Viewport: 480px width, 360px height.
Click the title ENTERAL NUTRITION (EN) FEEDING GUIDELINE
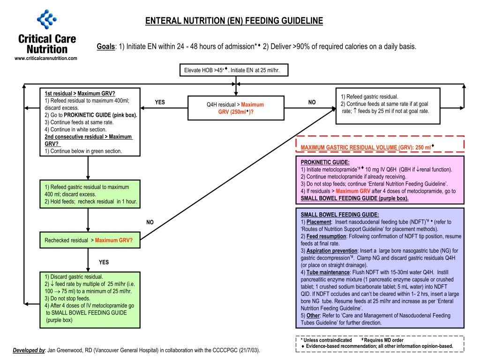tap(234, 21)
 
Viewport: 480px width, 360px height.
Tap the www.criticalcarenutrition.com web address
tap(46, 58)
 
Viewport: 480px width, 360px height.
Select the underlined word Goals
tap(106, 46)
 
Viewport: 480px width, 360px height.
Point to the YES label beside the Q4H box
tap(160, 102)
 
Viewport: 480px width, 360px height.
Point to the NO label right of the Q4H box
tap(312, 102)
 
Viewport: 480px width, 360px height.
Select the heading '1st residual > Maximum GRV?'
tap(80, 93)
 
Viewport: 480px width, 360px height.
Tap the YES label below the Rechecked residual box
tap(104, 262)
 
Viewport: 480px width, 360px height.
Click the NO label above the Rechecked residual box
tap(150, 222)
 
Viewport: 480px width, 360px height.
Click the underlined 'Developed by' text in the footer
tap(29, 350)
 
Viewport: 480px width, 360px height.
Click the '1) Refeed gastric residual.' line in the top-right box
tap(369, 97)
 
